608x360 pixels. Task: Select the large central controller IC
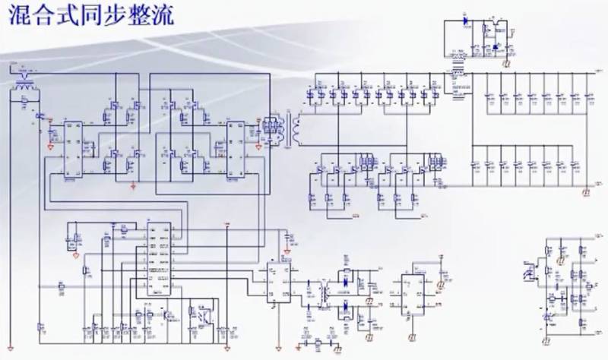tap(159, 258)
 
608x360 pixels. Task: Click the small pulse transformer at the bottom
tap(325, 292)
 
